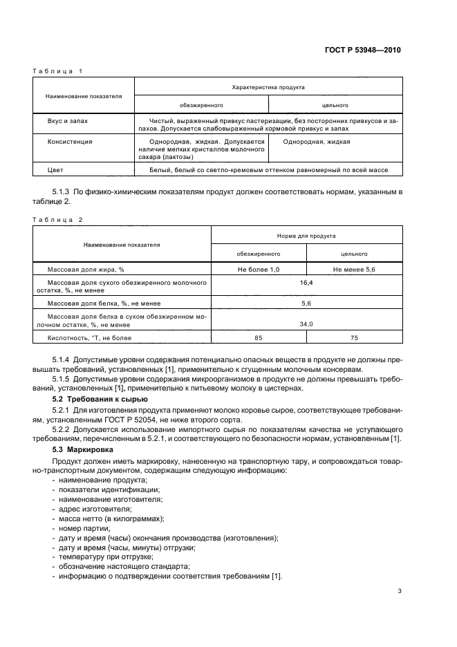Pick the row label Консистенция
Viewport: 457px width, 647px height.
pos(70,141)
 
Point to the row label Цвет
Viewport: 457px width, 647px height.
pos(55,169)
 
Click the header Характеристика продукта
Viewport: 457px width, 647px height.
pos(268,87)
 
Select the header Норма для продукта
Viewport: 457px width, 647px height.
pos(306,235)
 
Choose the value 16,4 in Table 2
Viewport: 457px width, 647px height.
pos(306,283)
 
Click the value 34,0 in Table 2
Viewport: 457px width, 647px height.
pos(306,323)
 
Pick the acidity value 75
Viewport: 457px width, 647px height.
pos(354,338)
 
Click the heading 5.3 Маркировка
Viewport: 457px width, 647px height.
pos(82,450)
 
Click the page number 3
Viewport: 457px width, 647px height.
pos(400,592)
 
